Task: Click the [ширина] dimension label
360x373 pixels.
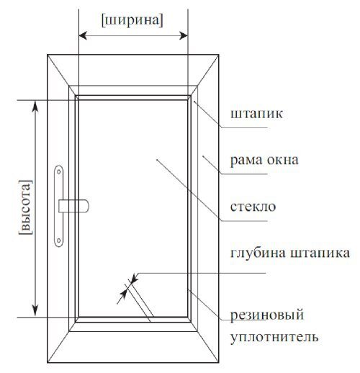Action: pyautogui.click(x=132, y=20)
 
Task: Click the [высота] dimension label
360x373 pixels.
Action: pyautogui.click(x=25, y=207)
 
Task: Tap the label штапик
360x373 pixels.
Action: pyautogui.click(x=256, y=114)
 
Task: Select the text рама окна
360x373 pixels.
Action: pyautogui.click(x=264, y=161)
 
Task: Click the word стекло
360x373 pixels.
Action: pyautogui.click(x=253, y=207)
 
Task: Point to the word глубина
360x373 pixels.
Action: pyautogui.click(x=258, y=253)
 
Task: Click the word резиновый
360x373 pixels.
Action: pyautogui.click(x=267, y=315)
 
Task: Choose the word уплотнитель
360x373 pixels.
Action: pyautogui.click(x=274, y=337)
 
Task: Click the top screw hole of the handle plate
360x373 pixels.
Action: pyautogui.click(x=58, y=172)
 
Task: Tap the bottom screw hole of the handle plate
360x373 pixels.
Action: pyautogui.click(x=58, y=241)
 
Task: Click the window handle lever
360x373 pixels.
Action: pyautogui.click(x=74, y=206)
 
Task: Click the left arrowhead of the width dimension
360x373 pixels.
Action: pyautogui.click(x=83, y=36)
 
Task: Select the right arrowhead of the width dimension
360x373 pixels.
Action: pyautogui.click(x=184, y=36)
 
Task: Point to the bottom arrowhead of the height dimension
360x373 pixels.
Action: pyautogui.click(x=35, y=311)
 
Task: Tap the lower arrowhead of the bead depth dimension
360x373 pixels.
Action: pyautogui.click(x=123, y=295)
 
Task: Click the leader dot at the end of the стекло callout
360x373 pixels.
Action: pyautogui.click(x=157, y=159)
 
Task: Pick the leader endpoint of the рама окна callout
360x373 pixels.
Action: pyautogui.click(x=203, y=156)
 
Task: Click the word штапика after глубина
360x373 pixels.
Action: pyautogui.click(x=320, y=253)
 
